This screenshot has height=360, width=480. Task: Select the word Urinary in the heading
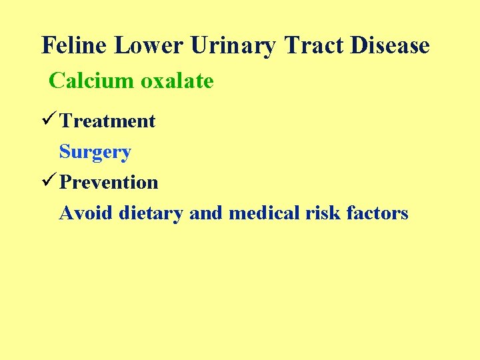[x=233, y=46]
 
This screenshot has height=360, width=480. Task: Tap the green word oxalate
[x=177, y=81]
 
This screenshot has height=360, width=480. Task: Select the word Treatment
[x=107, y=121]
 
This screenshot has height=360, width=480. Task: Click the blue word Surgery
[x=95, y=152]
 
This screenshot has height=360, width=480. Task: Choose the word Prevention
[x=109, y=183]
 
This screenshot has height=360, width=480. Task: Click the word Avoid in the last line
[x=86, y=213]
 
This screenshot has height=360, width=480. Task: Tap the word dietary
[x=151, y=213]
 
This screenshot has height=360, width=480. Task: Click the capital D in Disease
[x=355, y=46]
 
